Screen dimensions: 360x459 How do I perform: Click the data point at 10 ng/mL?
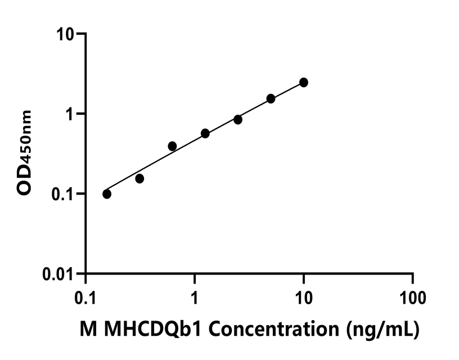[304, 83]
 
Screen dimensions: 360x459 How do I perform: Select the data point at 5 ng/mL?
[271, 98]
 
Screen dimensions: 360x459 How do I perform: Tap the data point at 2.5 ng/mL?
[238, 120]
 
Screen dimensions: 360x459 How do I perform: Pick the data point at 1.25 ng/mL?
[205, 133]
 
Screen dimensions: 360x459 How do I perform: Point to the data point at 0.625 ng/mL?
[172, 146]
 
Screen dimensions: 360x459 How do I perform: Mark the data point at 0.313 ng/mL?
[139, 179]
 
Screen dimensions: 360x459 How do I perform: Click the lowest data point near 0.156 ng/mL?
[107, 194]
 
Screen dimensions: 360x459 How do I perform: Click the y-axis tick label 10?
[67, 34]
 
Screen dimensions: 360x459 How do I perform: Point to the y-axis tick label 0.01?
[60, 274]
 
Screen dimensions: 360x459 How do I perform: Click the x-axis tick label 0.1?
[85, 295]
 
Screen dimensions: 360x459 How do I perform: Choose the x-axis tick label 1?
[195, 295]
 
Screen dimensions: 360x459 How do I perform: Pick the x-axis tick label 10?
[304, 295]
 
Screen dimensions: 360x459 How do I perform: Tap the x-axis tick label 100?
[413, 295]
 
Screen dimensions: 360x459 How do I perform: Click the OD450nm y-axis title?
[25, 153]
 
